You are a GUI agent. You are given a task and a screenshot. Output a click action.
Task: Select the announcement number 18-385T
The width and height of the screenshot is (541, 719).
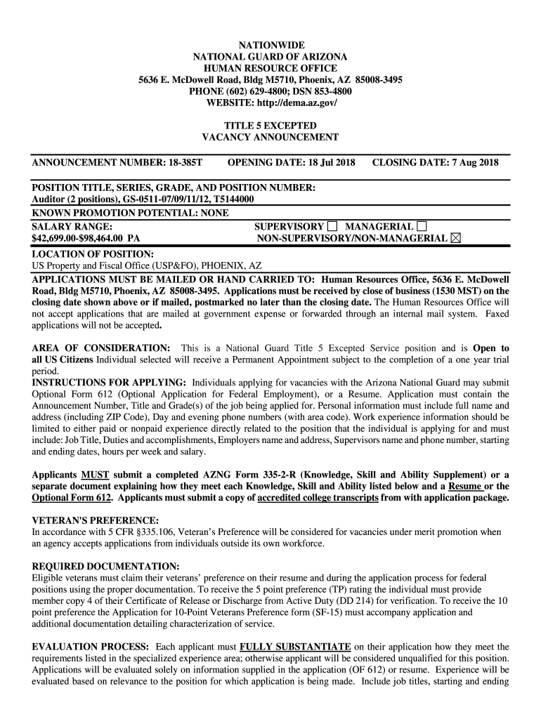185,163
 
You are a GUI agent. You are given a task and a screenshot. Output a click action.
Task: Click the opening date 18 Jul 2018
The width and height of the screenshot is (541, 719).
323,163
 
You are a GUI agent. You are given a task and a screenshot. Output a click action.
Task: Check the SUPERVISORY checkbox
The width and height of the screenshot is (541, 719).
332,226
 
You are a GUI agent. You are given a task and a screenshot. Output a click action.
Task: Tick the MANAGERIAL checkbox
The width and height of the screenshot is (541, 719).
422,226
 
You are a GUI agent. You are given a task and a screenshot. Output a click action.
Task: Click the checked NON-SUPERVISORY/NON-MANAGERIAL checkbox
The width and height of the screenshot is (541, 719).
456,239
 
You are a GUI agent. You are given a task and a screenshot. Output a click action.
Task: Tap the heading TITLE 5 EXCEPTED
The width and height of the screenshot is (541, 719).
270,126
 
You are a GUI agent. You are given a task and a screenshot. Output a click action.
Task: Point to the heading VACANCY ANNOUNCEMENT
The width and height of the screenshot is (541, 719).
270,138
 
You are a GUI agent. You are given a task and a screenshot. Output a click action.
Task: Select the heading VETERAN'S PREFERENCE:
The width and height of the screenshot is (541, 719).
96,520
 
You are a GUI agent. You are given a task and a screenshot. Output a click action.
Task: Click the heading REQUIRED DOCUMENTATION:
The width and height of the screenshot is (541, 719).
106,566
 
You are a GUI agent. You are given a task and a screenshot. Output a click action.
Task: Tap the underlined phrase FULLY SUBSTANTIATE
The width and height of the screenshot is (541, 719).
295,646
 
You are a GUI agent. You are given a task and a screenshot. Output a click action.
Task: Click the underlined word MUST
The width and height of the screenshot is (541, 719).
95,475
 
